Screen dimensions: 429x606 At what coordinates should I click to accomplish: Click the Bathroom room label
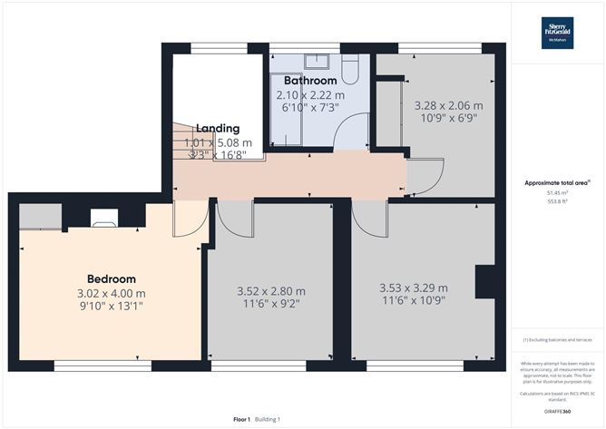(x=310, y=81)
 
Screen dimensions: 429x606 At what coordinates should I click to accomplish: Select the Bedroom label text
(x=111, y=278)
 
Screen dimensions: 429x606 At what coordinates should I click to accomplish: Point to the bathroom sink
(x=318, y=62)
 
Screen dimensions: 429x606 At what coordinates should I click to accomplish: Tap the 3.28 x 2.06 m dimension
(x=447, y=105)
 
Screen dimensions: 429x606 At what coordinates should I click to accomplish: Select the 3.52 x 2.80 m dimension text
(x=270, y=291)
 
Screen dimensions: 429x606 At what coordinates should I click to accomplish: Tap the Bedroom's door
(x=190, y=219)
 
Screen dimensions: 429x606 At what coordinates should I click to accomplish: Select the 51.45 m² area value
(x=557, y=192)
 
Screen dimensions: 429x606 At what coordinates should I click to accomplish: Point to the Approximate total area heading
(x=557, y=182)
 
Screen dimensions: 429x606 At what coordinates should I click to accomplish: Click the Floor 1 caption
(x=242, y=419)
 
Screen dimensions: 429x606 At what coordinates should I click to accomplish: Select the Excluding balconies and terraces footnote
(x=557, y=340)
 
